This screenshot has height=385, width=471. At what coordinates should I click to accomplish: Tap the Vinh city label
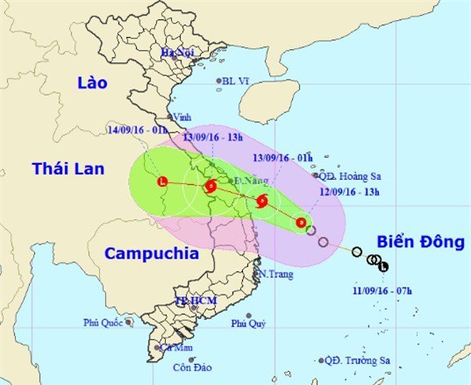[182, 117]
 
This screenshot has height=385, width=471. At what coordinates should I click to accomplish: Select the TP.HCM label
[194, 301]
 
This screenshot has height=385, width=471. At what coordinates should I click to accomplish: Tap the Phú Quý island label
[249, 324]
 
